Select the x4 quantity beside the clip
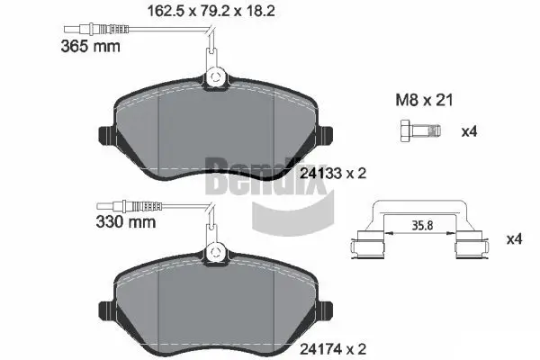514,239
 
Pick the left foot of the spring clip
367,247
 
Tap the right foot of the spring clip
472,247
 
